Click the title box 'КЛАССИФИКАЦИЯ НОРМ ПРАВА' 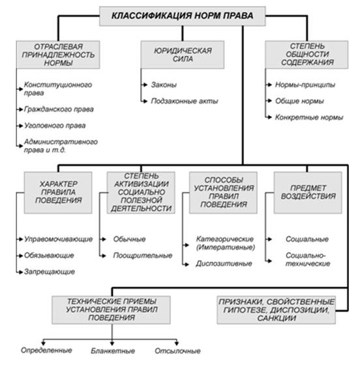pos(183,16)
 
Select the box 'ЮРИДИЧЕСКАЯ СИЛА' pos(183,55)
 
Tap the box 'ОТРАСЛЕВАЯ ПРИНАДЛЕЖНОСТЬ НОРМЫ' pos(58,55)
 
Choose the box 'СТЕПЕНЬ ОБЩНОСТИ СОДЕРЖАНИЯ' pos(307,55)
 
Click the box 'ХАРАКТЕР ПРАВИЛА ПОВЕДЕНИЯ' pos(58,193)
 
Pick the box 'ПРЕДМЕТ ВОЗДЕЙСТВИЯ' pos(308,193)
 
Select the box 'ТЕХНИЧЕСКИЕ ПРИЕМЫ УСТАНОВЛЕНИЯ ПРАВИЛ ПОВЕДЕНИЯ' pos(112,310)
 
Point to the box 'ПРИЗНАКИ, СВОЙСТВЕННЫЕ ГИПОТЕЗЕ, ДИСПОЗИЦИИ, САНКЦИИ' pos(277,310)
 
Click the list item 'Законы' pos(164,85)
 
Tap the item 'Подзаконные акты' pos(185,101)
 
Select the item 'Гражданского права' pos(59,110)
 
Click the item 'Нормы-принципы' pos(305,85)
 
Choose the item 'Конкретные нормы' pos(309,117)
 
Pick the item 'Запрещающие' pos(50,272)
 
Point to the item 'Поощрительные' pos(143,256)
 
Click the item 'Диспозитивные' pos(224,264)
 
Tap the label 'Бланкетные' pos(113,351)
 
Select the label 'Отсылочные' pos(177,351)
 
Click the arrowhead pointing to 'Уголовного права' pos(21,126)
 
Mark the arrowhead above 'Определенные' pos(43,344)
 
